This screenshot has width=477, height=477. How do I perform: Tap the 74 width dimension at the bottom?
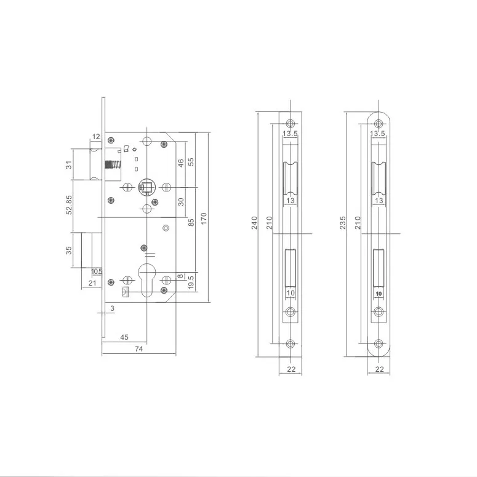[x=138, y=349]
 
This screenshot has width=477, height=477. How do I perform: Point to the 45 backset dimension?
[x=124, y=337]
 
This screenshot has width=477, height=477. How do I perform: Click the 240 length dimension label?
[x=255, y=222]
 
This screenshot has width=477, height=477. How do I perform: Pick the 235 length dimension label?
[x=343, y=222]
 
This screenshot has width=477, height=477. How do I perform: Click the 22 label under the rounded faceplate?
[x=379, y=369]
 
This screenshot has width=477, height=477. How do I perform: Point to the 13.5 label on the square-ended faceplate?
[x=290, y=134]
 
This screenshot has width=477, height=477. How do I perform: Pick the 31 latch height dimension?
[x=69, y=164]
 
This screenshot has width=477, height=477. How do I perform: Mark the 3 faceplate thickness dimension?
[x=113, y=307]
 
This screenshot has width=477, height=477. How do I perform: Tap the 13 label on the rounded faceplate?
[x=379, y=201]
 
